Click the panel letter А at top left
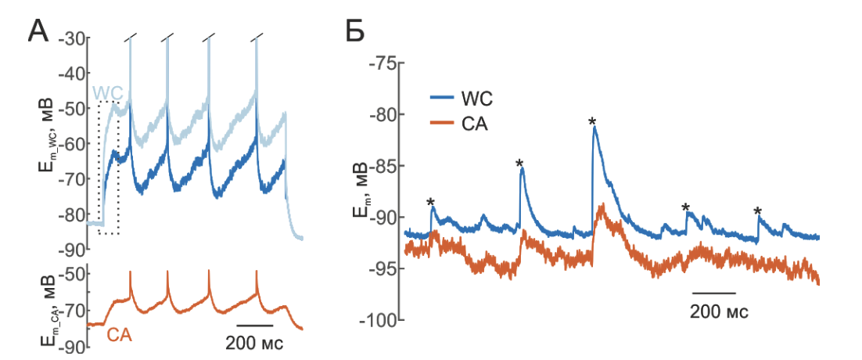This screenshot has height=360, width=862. click(x=41, y=32)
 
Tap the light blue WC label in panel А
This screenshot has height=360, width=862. click(x=107, y=93)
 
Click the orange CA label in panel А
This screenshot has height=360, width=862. click(x=119, y=336)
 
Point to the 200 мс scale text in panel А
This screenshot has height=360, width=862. click(x=254, y=342)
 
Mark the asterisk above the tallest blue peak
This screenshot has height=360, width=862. click(x=592, y=121)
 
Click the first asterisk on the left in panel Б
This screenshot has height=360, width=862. click(x=430, y=203)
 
